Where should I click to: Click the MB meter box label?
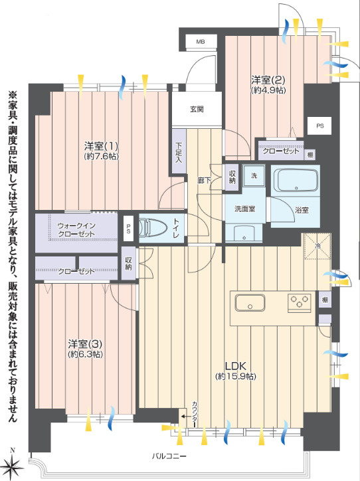(201, 42)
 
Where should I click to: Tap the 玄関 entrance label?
(197, 109)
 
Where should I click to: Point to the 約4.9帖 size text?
(268, 90)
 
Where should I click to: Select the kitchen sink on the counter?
(250, 303)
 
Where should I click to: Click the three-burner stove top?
(300, 303)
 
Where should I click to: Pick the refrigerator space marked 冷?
(317, 246)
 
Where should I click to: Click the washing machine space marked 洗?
(254, 176)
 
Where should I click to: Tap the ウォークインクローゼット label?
(76, 230)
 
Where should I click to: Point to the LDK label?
(236, 366)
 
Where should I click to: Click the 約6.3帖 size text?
(85, 354)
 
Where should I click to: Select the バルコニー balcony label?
(169, 456)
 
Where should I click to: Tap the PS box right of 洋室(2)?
(320, 126)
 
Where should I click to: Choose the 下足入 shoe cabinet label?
(179, 152)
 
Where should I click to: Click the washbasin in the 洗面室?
(244, 234)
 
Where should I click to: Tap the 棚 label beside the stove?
(324, 300)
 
